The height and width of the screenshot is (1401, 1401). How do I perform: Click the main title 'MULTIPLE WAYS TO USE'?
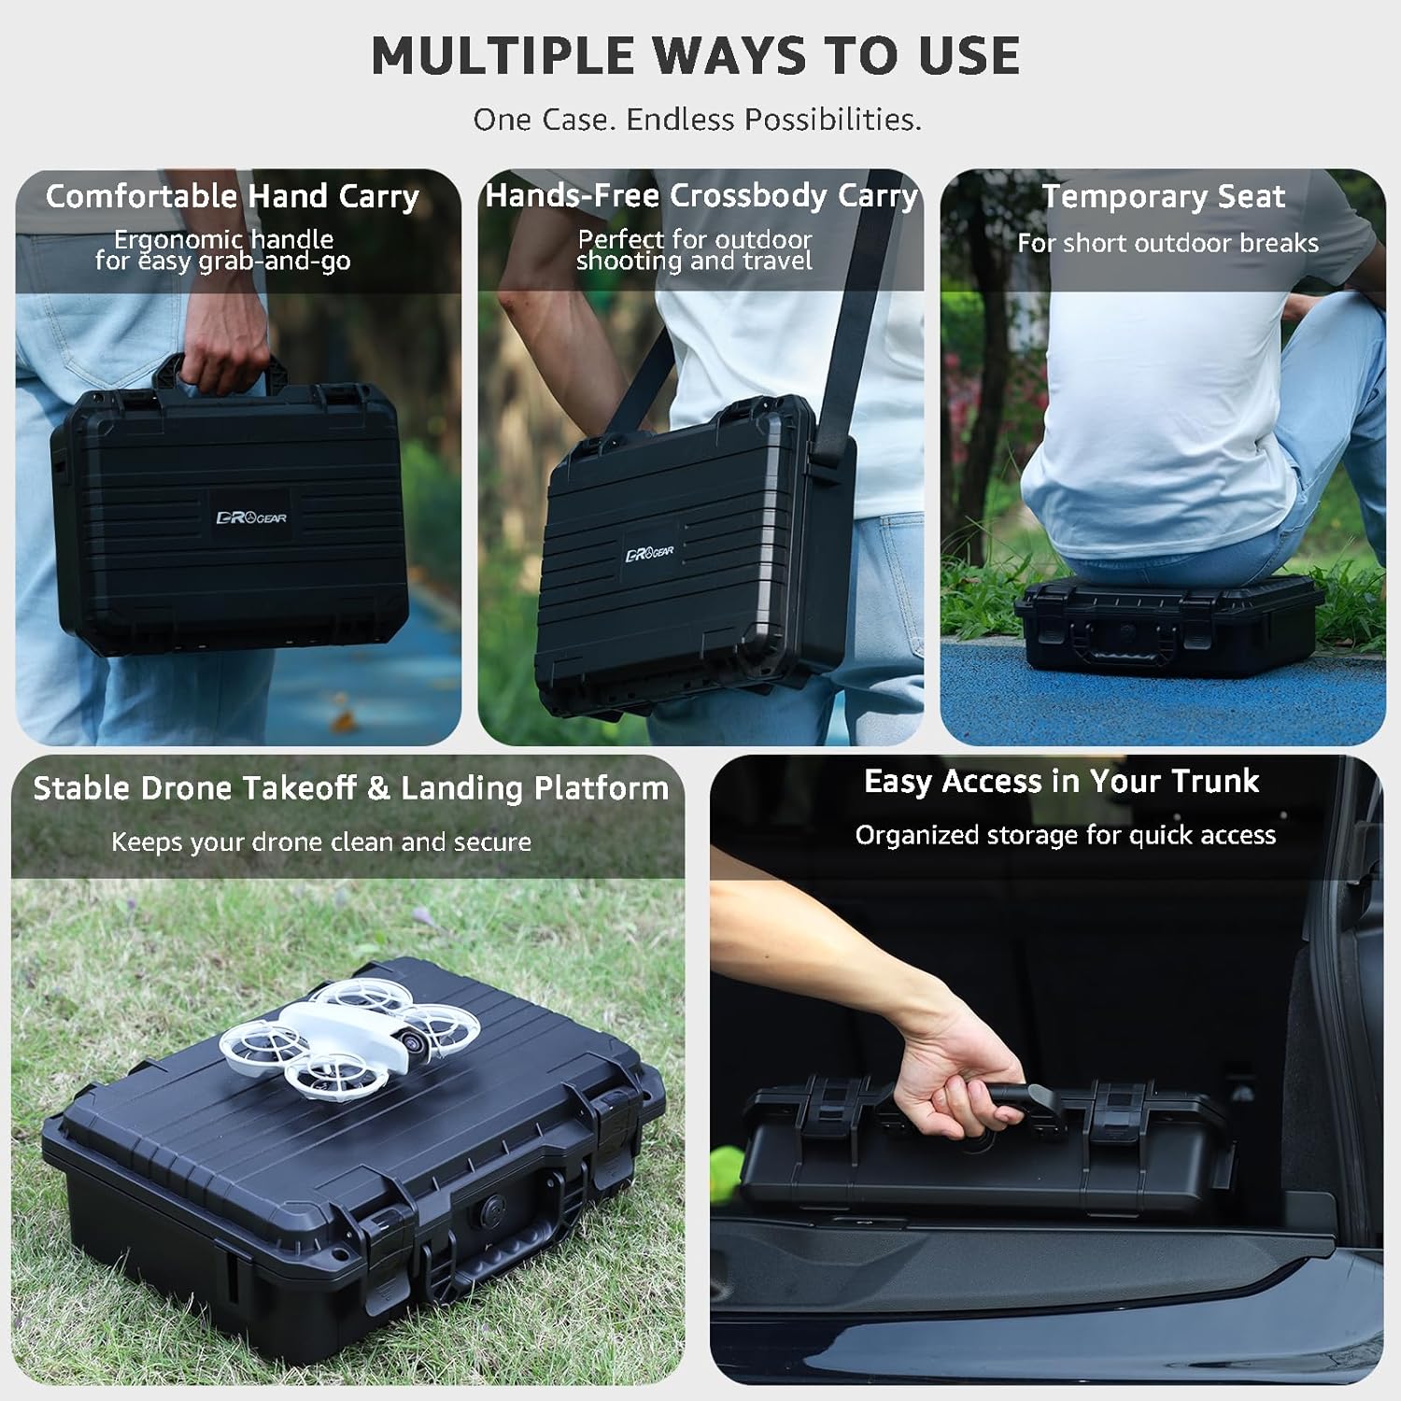point(696,56)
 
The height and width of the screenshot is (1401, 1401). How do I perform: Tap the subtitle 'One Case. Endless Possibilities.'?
point(697,120)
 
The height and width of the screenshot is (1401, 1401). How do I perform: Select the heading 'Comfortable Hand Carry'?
point(233,196)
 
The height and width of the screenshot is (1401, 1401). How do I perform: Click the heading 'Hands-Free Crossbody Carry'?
point(701,195)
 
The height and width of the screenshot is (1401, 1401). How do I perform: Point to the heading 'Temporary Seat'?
point(1163,196)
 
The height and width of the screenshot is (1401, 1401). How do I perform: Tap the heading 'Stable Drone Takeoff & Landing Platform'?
point(350,788)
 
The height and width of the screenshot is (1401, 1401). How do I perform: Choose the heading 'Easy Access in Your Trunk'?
point(1061,781)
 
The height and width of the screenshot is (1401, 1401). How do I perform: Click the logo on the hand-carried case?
point(251,517)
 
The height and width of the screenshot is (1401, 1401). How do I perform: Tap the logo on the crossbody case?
point(649,554)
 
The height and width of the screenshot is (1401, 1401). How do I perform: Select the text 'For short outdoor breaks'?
point(1167,244)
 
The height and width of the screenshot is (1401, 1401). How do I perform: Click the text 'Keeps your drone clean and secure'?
point(321,842)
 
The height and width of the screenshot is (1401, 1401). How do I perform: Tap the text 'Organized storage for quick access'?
point(1065,835)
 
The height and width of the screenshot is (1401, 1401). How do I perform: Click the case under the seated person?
point(1167,626)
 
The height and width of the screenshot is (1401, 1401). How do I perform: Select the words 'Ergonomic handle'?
point(223,239)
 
